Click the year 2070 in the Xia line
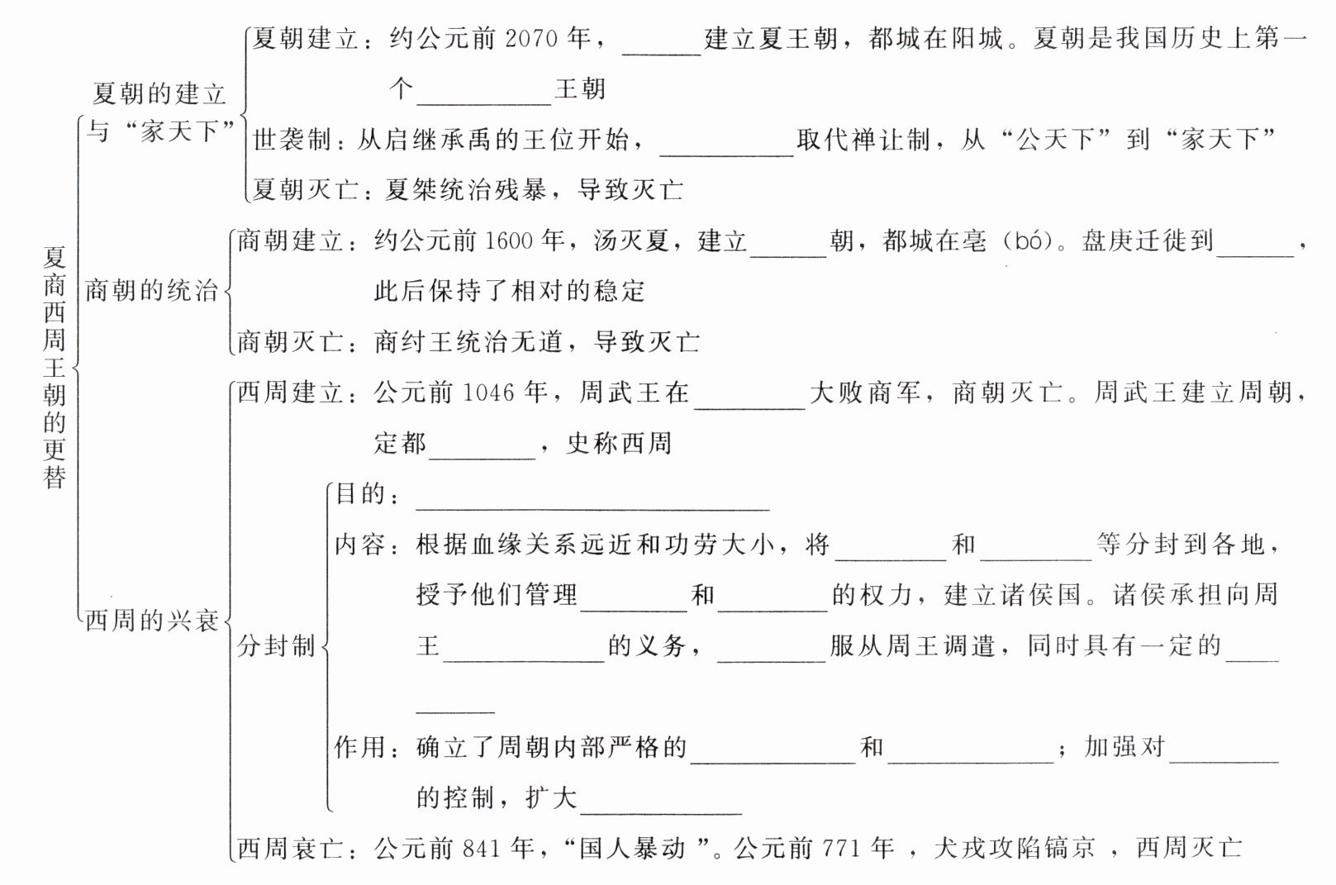tap(530, 39)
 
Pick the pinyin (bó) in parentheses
tap(1028, 241)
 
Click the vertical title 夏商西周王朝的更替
tap(55, 368)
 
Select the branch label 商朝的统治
tap(152, 291)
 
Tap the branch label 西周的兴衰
tap(152, 621)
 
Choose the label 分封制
tap(277, 646)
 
